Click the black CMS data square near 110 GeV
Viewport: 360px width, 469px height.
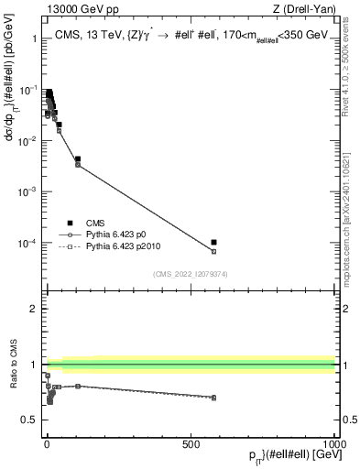[78, 159]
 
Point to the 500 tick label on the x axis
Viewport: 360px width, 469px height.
[191, 445]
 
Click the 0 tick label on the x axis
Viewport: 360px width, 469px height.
[47, 445]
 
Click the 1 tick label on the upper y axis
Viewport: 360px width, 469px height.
[34, 40]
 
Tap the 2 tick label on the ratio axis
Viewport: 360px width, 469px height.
[34, 309]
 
